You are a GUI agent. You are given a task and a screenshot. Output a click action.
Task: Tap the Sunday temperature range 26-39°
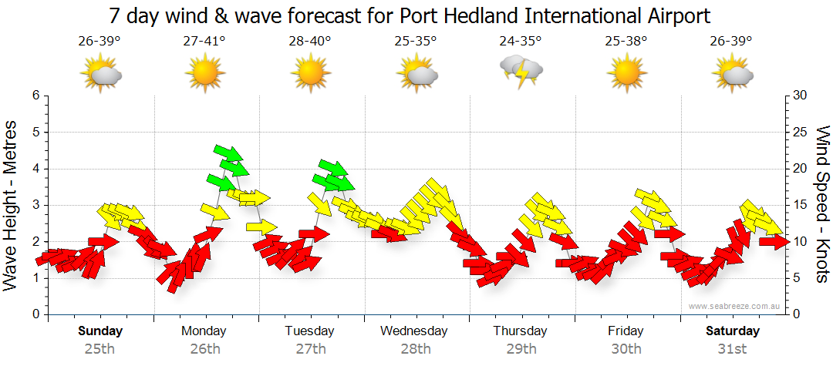coord(99,42)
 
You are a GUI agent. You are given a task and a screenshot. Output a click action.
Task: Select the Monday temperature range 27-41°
coord(204,42)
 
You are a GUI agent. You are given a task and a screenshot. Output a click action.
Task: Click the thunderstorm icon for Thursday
coord(521,71)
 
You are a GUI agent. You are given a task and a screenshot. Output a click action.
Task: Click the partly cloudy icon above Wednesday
coord(417,73)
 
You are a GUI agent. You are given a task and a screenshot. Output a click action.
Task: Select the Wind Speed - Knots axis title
coord(821,204)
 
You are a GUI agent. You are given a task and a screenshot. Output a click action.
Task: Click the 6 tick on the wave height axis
coord(35,96)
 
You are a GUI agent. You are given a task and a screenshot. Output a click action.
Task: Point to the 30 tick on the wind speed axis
coord(801,96)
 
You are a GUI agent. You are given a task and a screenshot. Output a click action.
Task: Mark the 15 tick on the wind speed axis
coord(801,205)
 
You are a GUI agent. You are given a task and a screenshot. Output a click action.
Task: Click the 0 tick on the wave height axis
coord(35,314)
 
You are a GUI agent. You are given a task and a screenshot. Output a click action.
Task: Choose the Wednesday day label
coord(414,331)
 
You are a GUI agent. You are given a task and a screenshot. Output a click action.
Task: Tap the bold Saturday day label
coord(733,331)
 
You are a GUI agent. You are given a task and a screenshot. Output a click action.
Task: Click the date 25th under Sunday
coord(99,349)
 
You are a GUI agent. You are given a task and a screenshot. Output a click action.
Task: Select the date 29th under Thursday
coord(521,349)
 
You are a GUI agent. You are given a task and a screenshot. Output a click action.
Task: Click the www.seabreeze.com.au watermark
coord(735,306)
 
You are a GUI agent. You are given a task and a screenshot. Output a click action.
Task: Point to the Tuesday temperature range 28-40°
coord(310,42)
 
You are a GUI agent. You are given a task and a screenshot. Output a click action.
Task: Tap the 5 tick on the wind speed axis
coord(798,278)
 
